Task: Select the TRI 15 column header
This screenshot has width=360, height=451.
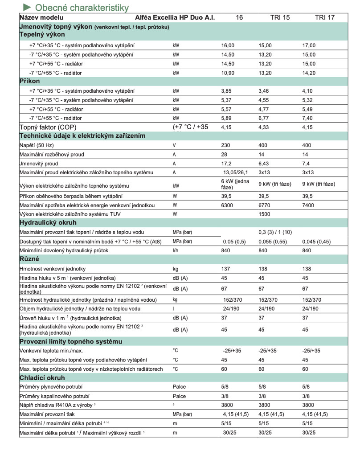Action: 280,17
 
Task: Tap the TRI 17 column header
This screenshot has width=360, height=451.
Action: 324,17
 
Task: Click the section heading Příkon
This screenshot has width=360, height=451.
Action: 30,81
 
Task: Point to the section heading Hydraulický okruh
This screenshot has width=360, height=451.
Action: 48,222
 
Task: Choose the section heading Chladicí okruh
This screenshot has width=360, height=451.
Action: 42,377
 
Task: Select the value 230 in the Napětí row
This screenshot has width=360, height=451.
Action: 226,145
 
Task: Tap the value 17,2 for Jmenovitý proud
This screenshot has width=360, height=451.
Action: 227,164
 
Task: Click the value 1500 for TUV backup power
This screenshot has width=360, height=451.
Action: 265,214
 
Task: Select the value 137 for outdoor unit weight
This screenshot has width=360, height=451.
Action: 226,269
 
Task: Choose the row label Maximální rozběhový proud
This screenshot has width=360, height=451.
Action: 52,155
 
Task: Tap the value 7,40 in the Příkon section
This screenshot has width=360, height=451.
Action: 308,118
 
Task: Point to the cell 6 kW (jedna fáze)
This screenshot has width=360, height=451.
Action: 235,184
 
